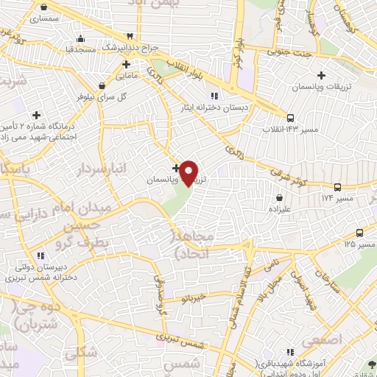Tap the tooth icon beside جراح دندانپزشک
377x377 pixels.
[x=130, y=35]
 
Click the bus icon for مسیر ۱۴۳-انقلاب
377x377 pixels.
[x=291, y=117]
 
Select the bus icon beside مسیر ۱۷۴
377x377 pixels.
[x=337, y=188]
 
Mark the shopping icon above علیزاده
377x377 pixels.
[x=280, y=197]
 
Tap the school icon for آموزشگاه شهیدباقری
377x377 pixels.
[x=291, y=351]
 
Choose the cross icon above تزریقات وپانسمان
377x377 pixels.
[x=321, y=75]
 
